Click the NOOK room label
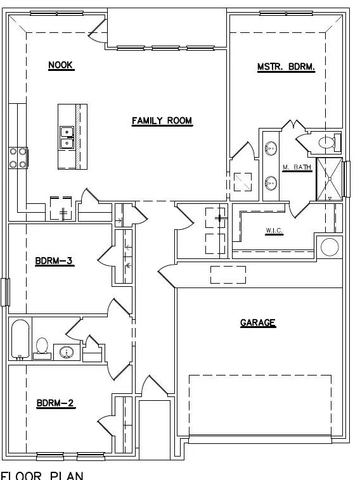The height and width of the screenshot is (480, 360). click(61, 65)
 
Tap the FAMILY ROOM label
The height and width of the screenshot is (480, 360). click(162, 121)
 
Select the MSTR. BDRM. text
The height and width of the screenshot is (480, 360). click(286, 66)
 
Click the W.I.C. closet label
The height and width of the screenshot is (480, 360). click(274, 231)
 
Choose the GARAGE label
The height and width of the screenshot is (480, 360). click(258, 323)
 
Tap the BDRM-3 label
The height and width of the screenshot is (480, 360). click(56, 260)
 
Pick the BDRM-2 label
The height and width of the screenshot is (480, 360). click(56, 403)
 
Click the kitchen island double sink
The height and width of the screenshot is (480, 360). click(66, 137)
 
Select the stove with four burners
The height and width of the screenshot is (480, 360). click(18, 158)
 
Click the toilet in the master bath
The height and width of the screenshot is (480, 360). click(327, 143)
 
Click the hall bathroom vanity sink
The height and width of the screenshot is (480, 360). click(65, 351)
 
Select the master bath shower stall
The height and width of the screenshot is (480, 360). click(330, 179)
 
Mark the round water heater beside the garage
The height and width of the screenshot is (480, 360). click(330, 246)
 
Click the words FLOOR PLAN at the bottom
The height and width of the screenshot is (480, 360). click(42, 474)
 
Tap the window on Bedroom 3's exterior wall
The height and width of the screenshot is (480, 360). click(6, 292)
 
